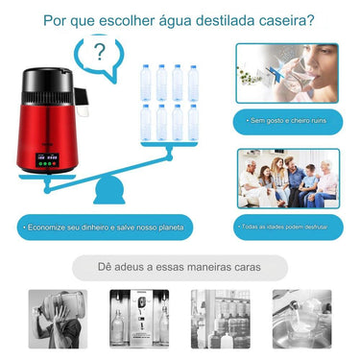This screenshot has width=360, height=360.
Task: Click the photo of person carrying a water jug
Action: click(55, 318)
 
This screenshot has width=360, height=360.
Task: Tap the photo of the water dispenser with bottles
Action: click(139, 318)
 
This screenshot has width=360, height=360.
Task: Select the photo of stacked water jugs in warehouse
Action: click(222, 318)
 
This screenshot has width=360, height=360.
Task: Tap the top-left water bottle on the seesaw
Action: click(147, 83)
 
